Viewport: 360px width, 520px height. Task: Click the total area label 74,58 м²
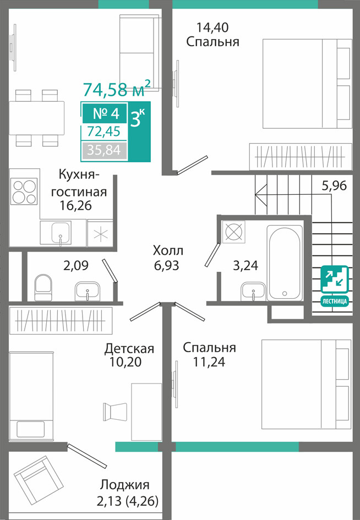click(x=117, y=89)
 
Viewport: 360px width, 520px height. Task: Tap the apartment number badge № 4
click(x=105, y=114)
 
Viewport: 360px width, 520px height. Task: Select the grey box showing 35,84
click(x=104, y=150)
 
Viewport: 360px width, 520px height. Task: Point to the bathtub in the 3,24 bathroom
click(x=285, y=263)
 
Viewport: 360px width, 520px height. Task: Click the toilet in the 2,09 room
click(x=43, y=288)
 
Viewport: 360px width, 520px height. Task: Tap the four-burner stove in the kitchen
click(x=24, y=191)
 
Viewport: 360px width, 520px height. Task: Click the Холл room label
click(x=168, y=250)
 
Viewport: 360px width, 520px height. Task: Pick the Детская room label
click(x=129, y=349)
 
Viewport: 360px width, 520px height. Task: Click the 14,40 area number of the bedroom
click(x=212, y=27)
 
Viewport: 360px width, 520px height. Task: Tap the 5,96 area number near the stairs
click(x=334, y=185)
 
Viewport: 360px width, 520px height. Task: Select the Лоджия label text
click(x=125, y=485)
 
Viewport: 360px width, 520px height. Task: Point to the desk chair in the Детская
click(x=114, y=412)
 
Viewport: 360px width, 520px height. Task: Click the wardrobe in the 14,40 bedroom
click(x=301, y=156)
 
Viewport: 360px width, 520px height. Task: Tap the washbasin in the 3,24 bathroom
click(x=254, y=292)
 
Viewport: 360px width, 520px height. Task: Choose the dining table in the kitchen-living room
click(x=37, y=118)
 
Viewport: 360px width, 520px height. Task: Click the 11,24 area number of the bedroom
click(x=209, y=362)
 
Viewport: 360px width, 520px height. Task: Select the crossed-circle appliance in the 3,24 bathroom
click(x=233, y=231)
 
